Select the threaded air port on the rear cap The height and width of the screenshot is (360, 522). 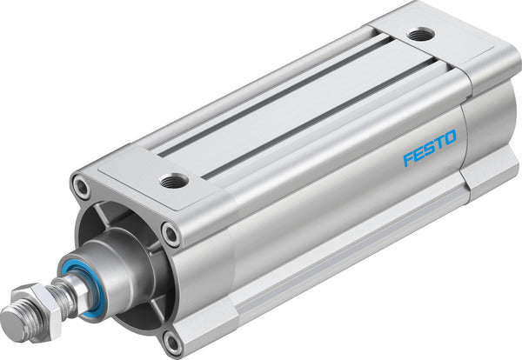[421, 35]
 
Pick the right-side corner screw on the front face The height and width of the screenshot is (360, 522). [171, 233]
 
